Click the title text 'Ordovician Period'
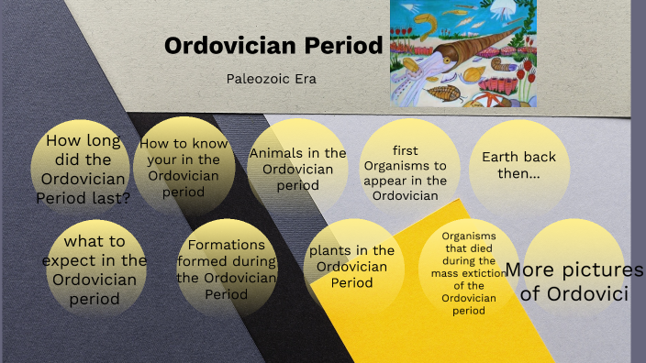coord(273,46)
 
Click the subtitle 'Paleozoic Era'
coord(271,79)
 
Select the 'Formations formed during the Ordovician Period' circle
coord(226,269)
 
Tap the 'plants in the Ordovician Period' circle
coord(351,266)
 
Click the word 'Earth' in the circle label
coord(501,156)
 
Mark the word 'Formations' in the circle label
coord(226,245)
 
